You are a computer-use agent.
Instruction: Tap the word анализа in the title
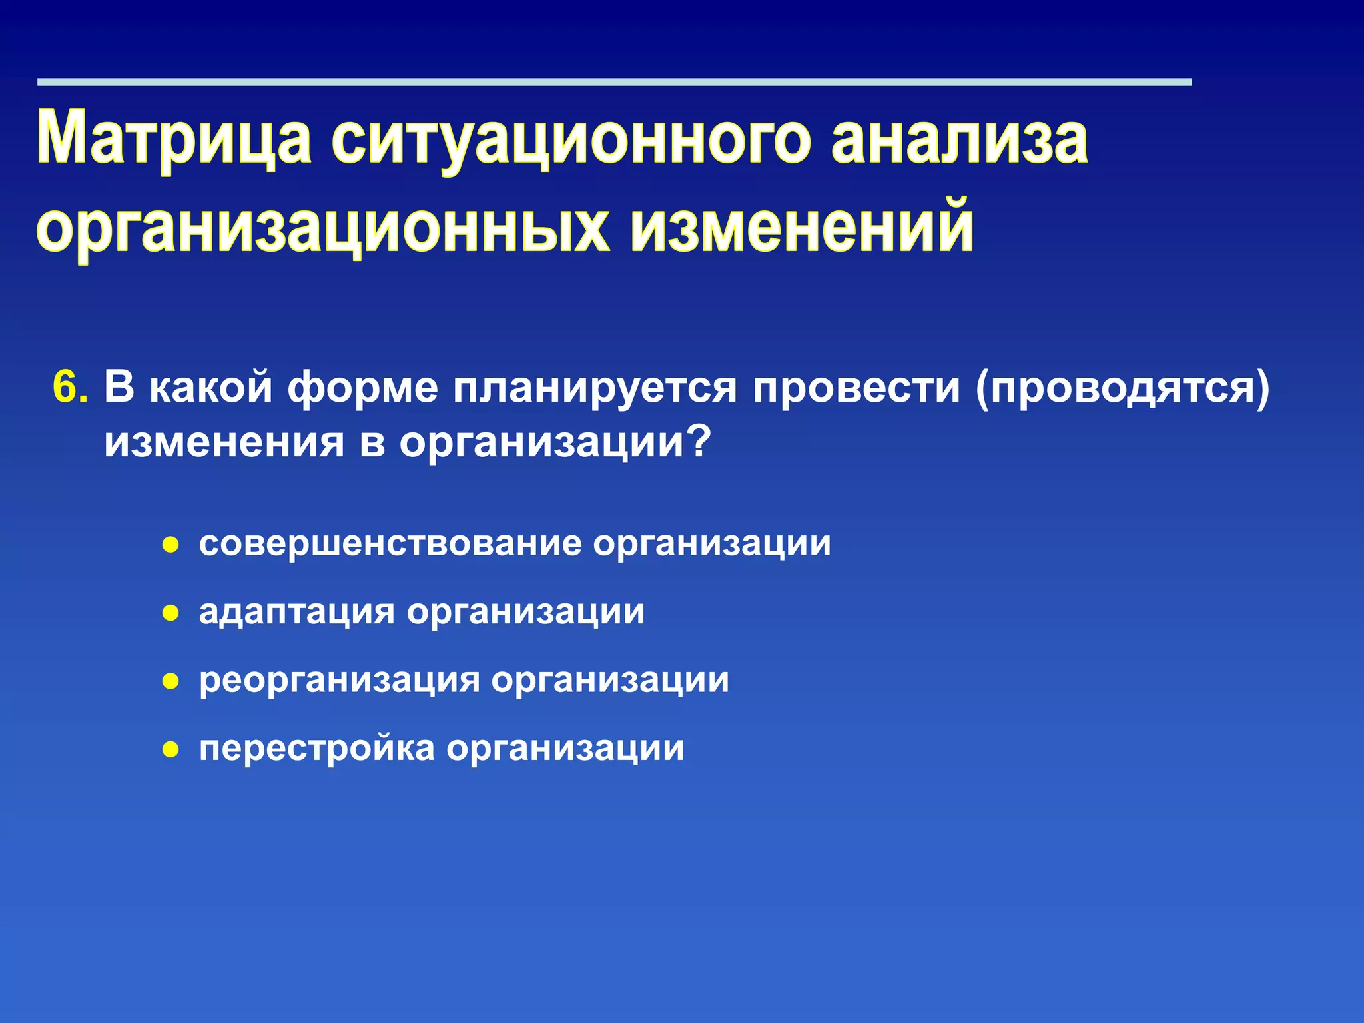pos(960,139)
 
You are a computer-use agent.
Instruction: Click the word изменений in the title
pos(802,228)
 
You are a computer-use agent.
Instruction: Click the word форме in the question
pos(363,387)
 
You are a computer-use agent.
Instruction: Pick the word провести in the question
pos(856,387)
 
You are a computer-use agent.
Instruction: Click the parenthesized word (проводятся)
pos(1123,387)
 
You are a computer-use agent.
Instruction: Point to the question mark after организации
pos(699,442)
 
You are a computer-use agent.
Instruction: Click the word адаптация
pos(297,611)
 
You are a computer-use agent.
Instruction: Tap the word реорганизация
pos(339,680)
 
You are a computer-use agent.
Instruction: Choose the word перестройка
pos(316,748)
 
